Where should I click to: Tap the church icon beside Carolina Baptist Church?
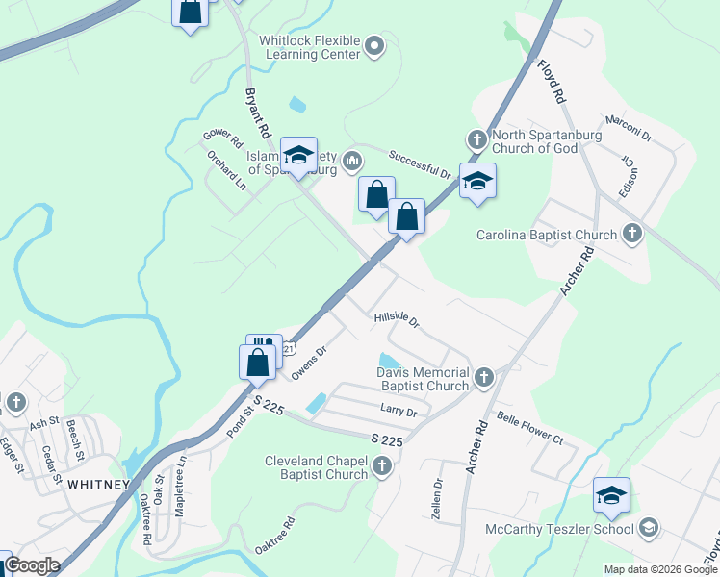[x=632, y=233]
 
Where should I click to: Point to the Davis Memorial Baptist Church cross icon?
[x=484, y=378]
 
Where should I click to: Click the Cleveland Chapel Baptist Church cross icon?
[x=383, y=467]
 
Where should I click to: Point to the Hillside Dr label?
[x=397, y=318]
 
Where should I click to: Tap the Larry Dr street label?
[x=398, y=412]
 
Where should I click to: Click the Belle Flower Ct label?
[x=528, y=428]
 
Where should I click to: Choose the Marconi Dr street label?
[x=628, y=129]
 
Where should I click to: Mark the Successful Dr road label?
[x=420, y=163]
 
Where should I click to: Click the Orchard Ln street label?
[x=226, y=170]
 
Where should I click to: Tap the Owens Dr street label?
[x=309, y=364]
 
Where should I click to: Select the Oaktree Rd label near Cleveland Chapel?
[x=274, y=536]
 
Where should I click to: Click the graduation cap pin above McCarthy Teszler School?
[x=611, y=496]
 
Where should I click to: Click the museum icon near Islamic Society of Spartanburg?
[x=353, y=160]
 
